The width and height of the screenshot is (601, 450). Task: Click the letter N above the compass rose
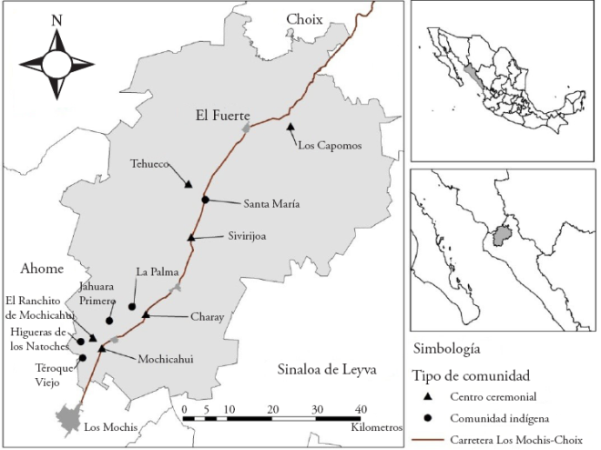tap(56, 19)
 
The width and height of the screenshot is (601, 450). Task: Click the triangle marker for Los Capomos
tap(290, 127)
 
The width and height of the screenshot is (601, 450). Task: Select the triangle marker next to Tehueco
tap(188, 184)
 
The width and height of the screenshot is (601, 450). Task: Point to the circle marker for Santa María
tap(206, 199)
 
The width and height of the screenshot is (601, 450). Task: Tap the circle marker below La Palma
tap(132, 306)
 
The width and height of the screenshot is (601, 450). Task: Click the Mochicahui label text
tap(167, 358)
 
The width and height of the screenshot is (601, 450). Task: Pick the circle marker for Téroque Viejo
tap(82, 358)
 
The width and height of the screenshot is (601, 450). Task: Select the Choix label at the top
tap(305, 19)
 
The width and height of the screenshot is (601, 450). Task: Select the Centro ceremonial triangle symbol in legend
tap(428, 397)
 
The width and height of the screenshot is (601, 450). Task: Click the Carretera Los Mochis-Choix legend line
tap(429, 440)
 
